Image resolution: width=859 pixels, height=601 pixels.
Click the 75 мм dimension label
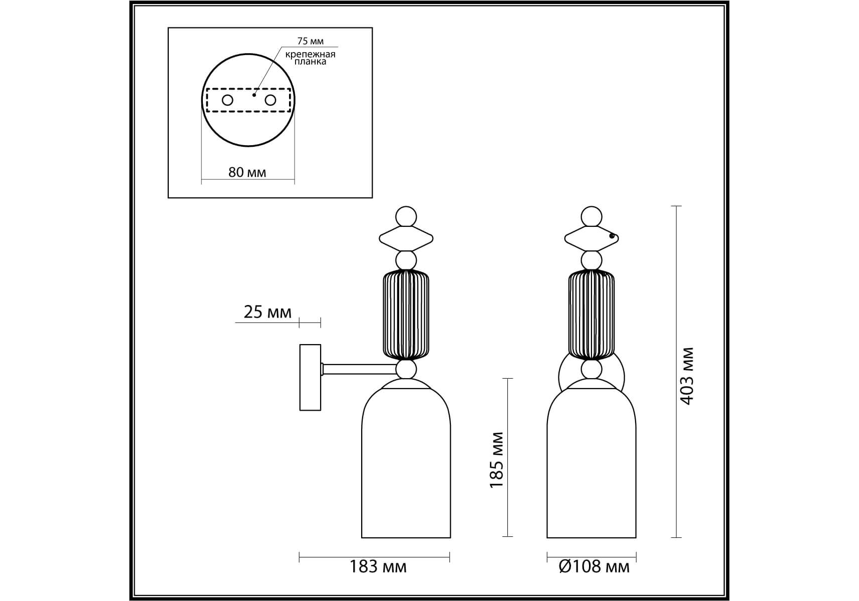tap(311, 41)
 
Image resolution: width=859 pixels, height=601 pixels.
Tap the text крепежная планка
tap(311, 58)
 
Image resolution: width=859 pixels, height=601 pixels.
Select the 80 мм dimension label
tap(247, 172)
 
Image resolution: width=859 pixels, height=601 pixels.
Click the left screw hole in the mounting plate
tap(227, 100)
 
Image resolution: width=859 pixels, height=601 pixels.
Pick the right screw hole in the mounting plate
tap(270, 100)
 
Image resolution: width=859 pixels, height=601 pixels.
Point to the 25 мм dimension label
tap(267, 312)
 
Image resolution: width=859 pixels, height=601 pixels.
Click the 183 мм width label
tap(378, 566)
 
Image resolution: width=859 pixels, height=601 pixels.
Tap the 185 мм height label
tap(496, 460)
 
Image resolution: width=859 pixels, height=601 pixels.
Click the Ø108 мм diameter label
tap(594, 566)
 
